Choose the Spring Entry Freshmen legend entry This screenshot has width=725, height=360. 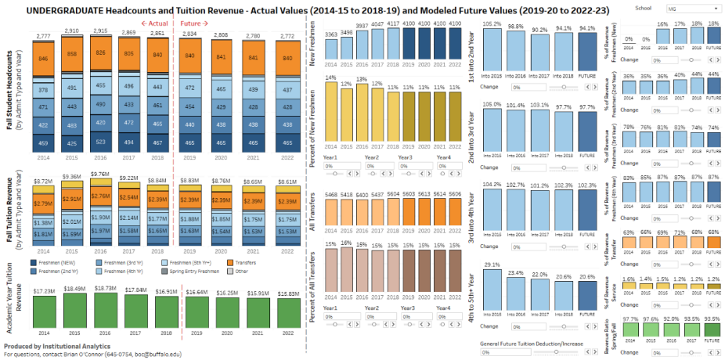tap(200, 271)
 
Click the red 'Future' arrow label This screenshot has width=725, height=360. tap(195, 23)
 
